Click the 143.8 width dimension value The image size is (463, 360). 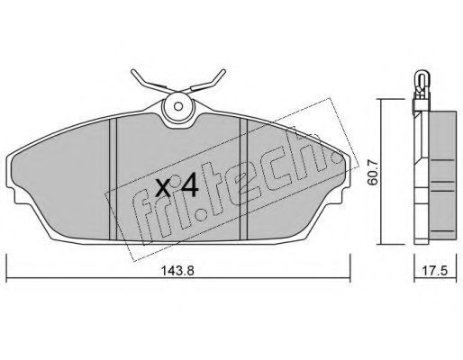point(178,271)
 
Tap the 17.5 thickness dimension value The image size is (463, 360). point(435,271)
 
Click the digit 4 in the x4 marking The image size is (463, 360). point(188,186)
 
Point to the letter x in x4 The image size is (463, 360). point(164,188)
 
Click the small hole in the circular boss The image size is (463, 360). point(178,106)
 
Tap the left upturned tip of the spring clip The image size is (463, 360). point(133,71)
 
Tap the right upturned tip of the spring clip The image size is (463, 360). point(223,71)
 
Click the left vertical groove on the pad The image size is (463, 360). point(113,179)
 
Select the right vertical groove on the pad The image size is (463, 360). point(243,179)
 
